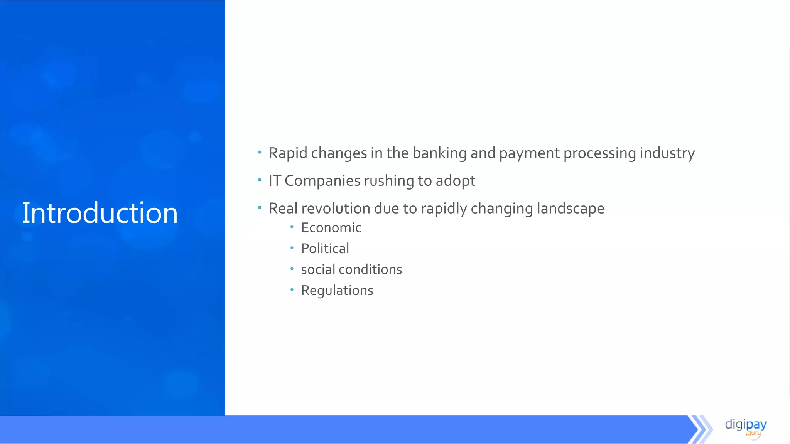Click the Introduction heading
pyautogui.click(x=100, y=213)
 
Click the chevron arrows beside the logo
pyautogui.click(x=700, y=429)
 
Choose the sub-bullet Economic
pyautogui.click(x=331, y=228)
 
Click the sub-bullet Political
pyautogui.click(x=325, y=249)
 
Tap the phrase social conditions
pyautogui.click(x=351, y=269)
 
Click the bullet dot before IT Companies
pyautogui.click(x=260, y=180)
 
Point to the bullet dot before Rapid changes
pyautogui.click(x=260, y=152)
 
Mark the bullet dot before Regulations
pyautogui.click(x=292, y=289)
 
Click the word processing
pyautogui.click(x=599, y=153)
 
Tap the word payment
pyautogui.click(x=529, y=153)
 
